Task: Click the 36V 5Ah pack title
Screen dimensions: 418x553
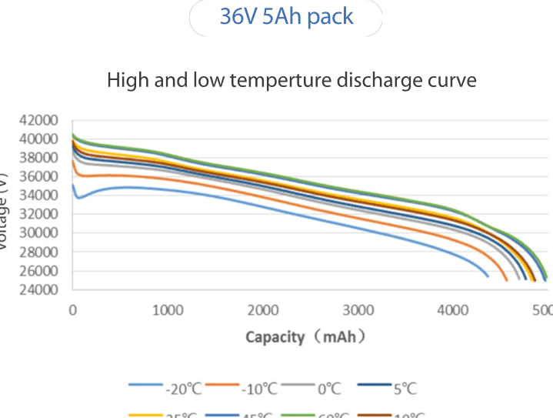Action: click(x=286, y=17)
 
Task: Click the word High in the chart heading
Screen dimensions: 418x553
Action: click(x=125, y=79)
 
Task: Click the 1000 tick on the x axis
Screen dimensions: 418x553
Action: click(x=168, y=310)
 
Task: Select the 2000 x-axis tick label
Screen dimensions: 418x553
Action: click(x=263, y=310)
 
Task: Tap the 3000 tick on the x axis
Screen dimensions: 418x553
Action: click(x=358, y=310)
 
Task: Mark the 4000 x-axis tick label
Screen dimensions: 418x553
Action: click(x=453, y=310)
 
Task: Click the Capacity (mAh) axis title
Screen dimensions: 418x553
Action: click(x=305, y=337)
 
